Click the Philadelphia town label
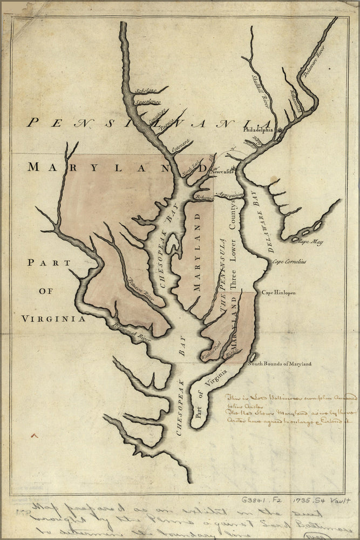click(258, 130)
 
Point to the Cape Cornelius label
click(289, 262)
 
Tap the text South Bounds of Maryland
click(280, 364)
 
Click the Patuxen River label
click(141, 290)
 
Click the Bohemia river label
click(204, 198)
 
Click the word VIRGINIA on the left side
click(53, 319)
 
